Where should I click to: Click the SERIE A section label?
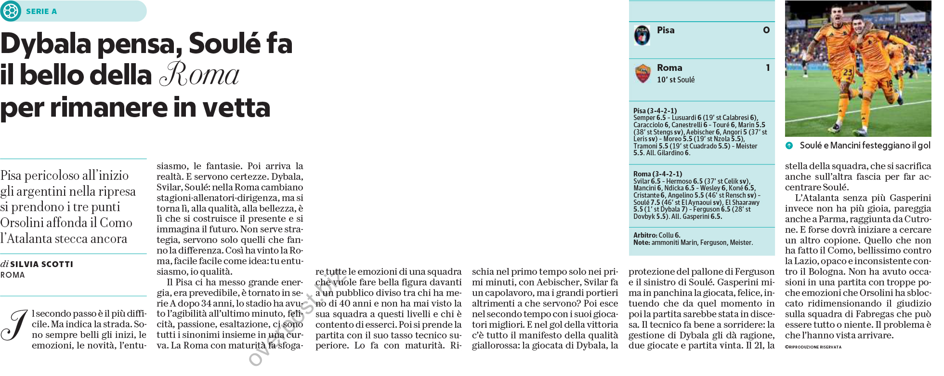click(41, 12)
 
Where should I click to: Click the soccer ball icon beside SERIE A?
click(11, 11)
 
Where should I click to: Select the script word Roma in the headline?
click(199, 75)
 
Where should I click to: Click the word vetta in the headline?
click(236, 107)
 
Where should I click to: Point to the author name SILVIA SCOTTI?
click(41, 264)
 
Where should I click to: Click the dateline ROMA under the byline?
click(13, 275)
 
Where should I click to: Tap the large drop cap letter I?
click(14, 326)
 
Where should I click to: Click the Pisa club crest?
click(642, 35)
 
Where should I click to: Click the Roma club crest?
click(642, 73)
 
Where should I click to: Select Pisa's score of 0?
click(766, 30)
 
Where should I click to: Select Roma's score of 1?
click(768, 68)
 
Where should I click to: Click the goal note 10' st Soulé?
click(676, 80)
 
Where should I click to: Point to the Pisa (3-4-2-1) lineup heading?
click(655, 111)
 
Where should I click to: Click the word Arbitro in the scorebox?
click(645, 235)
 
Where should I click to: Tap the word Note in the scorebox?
click(641, 242)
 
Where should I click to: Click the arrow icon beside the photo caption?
click(789, 146)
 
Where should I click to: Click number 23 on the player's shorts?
click(848, 72)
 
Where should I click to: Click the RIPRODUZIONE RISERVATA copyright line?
click(813, 347)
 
